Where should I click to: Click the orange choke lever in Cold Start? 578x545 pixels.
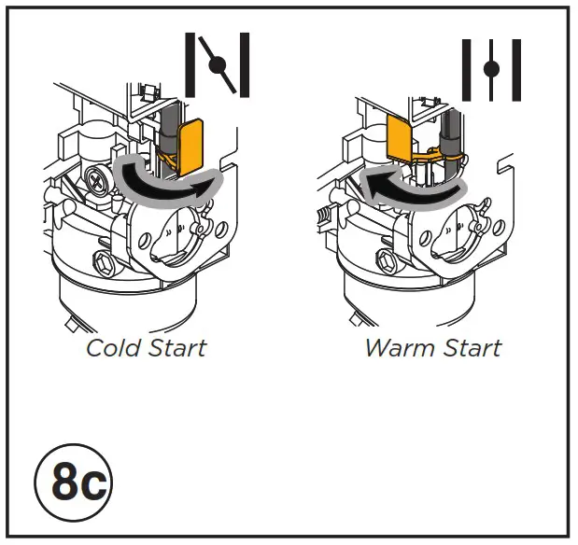(194, 144)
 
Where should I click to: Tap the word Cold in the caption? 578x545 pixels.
(115, 349)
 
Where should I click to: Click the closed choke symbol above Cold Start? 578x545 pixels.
(218, 65)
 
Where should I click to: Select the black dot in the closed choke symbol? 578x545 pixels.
(219, 64)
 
